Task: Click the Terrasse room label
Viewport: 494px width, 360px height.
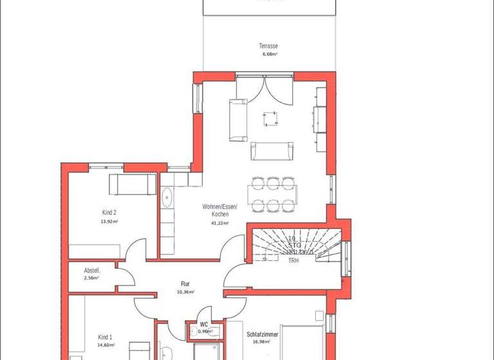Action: pyautogui.click(x=268, y=46)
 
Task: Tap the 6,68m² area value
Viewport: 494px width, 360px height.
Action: pyautogui.click(x=268, y=55)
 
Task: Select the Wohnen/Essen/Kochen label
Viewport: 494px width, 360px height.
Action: pyautogui.click(x=220, y=210)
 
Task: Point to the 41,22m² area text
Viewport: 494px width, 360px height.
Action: pyautogui.click(x=220, y=222)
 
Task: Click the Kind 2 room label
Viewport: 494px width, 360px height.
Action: pyautogui.click(x=109, y=212)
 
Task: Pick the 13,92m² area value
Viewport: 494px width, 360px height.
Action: pyautogui.click(x=109, y=221)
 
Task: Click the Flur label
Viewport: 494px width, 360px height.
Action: pyautogui.click(x=185, y=283)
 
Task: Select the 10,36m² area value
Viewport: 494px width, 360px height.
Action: pyautogui.click(x=185, y=291)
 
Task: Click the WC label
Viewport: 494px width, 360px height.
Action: pyautogui.click(x=203, y=325)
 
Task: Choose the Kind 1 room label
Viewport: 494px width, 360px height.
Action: pyautogui.click(x=105, y=337)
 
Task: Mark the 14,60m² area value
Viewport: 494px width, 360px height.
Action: pyautogui.click(x=105, y=345)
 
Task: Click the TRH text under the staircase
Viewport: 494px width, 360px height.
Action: pyautogui.click(x=293, y=260)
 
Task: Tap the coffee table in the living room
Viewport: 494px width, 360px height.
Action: pyautogui.click(x=270, y=118)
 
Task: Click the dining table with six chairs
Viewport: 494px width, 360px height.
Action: pyautogui.click(x=273, y=194)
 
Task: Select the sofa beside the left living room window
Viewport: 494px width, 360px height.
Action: pyautogui.click(x=237, y=120)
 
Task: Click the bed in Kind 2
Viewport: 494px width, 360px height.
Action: pyautogui.click(x=132, y=183)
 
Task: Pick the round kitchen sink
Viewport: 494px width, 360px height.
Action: pyautogui.click(x=168, y=197)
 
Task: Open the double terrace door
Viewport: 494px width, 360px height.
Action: pyautogui.click(x=265, y=90)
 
